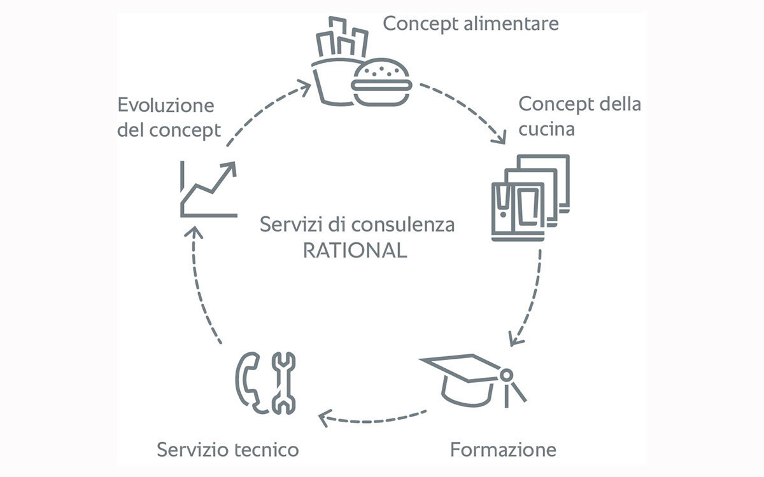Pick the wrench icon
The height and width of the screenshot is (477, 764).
283,383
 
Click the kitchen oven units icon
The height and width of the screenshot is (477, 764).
530,198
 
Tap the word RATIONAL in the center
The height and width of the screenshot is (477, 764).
355,251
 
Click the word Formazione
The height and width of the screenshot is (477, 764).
503,450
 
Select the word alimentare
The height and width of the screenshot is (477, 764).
511,24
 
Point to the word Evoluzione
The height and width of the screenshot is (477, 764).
166,105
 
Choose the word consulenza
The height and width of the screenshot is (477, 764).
403,225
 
